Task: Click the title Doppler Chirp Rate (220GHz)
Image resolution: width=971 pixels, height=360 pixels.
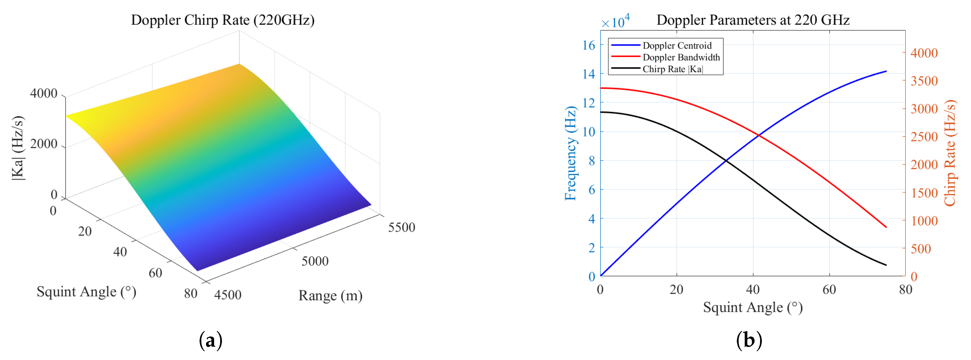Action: click(223, 20)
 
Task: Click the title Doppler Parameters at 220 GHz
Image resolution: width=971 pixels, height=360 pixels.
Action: click(753, 20)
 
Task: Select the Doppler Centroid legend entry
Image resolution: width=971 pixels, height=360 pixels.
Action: click(677, 46)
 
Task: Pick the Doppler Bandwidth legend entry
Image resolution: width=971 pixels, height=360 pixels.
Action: click(681, 57)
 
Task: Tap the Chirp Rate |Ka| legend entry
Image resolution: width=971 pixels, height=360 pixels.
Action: click(672, 69)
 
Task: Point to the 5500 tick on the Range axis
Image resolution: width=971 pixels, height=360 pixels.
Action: click(402, 227)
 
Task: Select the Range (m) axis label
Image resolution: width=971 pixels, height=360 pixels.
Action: click(330, 296)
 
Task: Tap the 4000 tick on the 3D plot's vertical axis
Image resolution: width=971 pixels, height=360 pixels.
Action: click(44, 93)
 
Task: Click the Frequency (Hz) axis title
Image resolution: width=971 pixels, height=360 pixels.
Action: click(570, 153)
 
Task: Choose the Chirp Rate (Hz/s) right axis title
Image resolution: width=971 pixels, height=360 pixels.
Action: click(950, 153)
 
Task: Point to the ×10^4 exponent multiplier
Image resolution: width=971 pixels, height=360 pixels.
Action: click(615, 21)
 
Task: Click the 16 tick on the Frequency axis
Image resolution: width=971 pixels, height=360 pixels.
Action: click(588, 46)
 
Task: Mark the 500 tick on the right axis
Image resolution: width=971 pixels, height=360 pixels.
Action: click(921, 249)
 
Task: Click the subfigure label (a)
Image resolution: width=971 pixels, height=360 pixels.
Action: click(210, 340)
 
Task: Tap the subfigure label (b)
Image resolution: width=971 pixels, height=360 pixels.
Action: click(748, 340)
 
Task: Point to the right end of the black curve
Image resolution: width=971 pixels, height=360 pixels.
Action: click(886, 265)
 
